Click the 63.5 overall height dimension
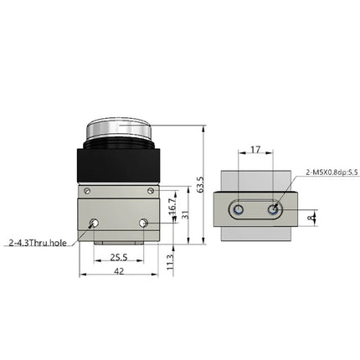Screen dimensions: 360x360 [x=200, y=185]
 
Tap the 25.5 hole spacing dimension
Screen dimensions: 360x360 [x=118, y=257]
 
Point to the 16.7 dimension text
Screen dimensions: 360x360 [x=172, y=206]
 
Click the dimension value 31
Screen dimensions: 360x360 [x=187, y=214]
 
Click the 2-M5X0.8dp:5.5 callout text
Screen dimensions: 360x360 [x=332, y=172]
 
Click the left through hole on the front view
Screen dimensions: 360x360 [x=94, y=223]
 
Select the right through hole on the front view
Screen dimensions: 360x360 [x=144, y=223]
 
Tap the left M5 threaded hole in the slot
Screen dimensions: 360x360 [x=240, y=209]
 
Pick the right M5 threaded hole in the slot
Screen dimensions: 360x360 [x=273, y=209]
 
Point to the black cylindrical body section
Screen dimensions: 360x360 [x=118, y=164]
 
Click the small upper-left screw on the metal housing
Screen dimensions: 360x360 [x=89, y=192]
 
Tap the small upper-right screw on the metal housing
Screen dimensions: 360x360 [x=149, y=192]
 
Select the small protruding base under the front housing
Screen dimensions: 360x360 [x=118, y=244]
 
